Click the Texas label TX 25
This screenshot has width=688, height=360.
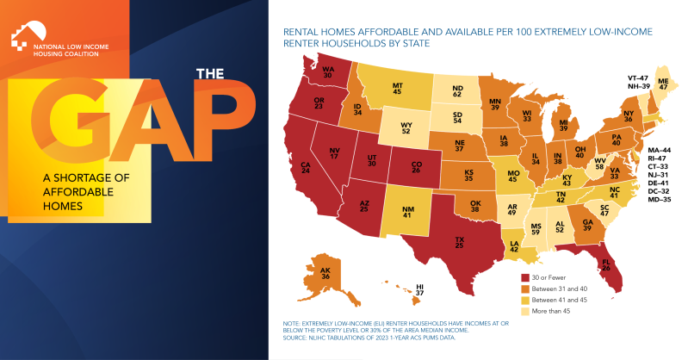(x=460, y=242)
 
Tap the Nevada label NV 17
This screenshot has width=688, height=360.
(x=334, y=153)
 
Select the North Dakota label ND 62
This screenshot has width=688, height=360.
(x=457, y=91)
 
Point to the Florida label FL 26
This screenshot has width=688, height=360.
(x=606, y=264)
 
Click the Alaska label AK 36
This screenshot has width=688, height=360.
(x=325, y=273)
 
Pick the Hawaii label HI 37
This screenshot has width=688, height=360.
(x=420, y=289)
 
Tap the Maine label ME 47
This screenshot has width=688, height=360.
(x=663, y=84)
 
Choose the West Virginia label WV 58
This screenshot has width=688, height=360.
(x=600, y=164)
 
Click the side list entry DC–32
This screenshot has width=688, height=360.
(x=659, y=191)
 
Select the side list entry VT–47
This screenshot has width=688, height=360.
(x=637, y=78)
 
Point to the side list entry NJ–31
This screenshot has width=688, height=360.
(x=658, y=175)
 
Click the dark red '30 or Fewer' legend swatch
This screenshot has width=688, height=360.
(x=524, y=277)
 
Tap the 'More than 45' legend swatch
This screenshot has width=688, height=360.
(x=524, y=311)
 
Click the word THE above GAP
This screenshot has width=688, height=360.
(x=210, y=74)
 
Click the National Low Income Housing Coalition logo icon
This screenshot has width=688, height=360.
(x=28, y=36)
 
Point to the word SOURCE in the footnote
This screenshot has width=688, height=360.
(x=294, y=338)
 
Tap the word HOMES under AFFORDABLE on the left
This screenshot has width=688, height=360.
(x=63, y=206)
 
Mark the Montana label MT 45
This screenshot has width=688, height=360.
(x=398, y=89)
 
